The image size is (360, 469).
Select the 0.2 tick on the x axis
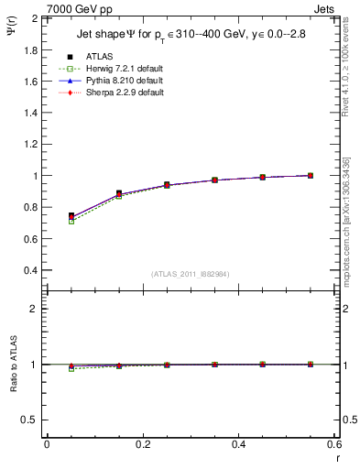[x=142, y=443]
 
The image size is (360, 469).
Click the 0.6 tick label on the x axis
[x=333, y=443]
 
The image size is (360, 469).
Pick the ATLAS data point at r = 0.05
[x=71, y=216]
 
